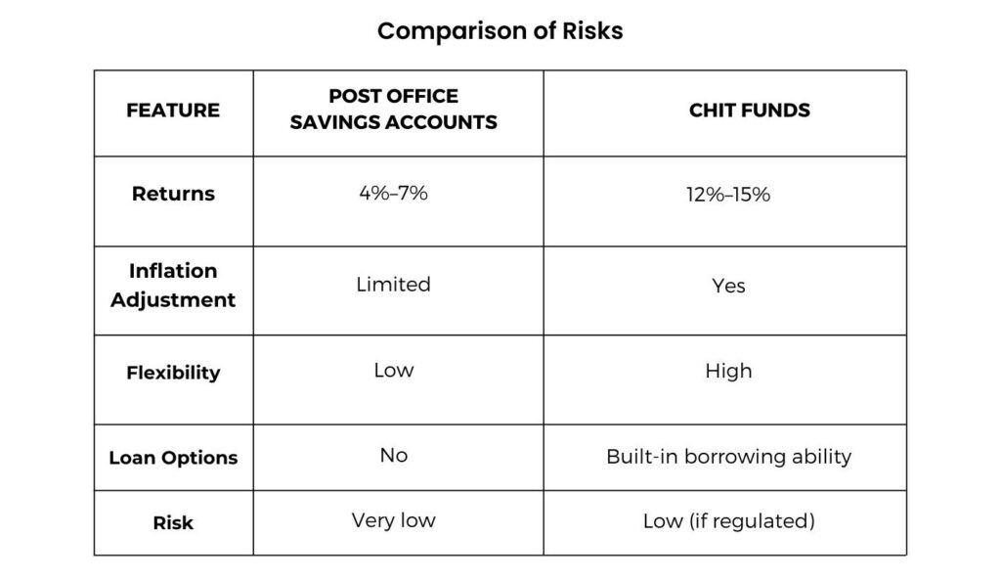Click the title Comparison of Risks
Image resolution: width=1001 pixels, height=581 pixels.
[500, 30]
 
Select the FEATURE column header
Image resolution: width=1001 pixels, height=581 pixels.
[173, 111]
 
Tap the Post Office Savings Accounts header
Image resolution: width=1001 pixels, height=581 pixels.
[393, 110]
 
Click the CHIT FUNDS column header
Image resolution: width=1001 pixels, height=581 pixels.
[750, 111]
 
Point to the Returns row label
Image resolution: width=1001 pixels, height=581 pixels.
[173, 194]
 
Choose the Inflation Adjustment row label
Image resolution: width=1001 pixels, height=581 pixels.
[173, 285]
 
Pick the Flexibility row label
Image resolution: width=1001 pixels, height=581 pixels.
[173, 373]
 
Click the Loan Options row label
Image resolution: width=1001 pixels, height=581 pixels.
[173, 458]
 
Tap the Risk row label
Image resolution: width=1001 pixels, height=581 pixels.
[173, 523]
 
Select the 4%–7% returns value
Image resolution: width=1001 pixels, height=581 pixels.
[393, 193]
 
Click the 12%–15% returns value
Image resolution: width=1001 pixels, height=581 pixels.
[728, 194]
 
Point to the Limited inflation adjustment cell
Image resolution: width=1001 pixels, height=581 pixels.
[393, 284]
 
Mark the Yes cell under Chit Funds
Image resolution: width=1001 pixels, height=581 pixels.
[728, 286]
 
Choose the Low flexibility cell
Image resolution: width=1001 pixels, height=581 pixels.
[393, 371]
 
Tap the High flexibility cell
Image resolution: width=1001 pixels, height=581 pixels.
[728, 371]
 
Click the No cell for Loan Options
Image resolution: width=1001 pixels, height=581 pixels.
[393, 455]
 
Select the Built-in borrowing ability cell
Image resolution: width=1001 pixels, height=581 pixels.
[728, 457]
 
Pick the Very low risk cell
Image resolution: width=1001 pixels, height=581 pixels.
[393, 520]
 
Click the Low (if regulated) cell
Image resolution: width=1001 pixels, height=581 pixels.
[728, 521]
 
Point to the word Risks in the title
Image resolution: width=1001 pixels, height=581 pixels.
[592, 30]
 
